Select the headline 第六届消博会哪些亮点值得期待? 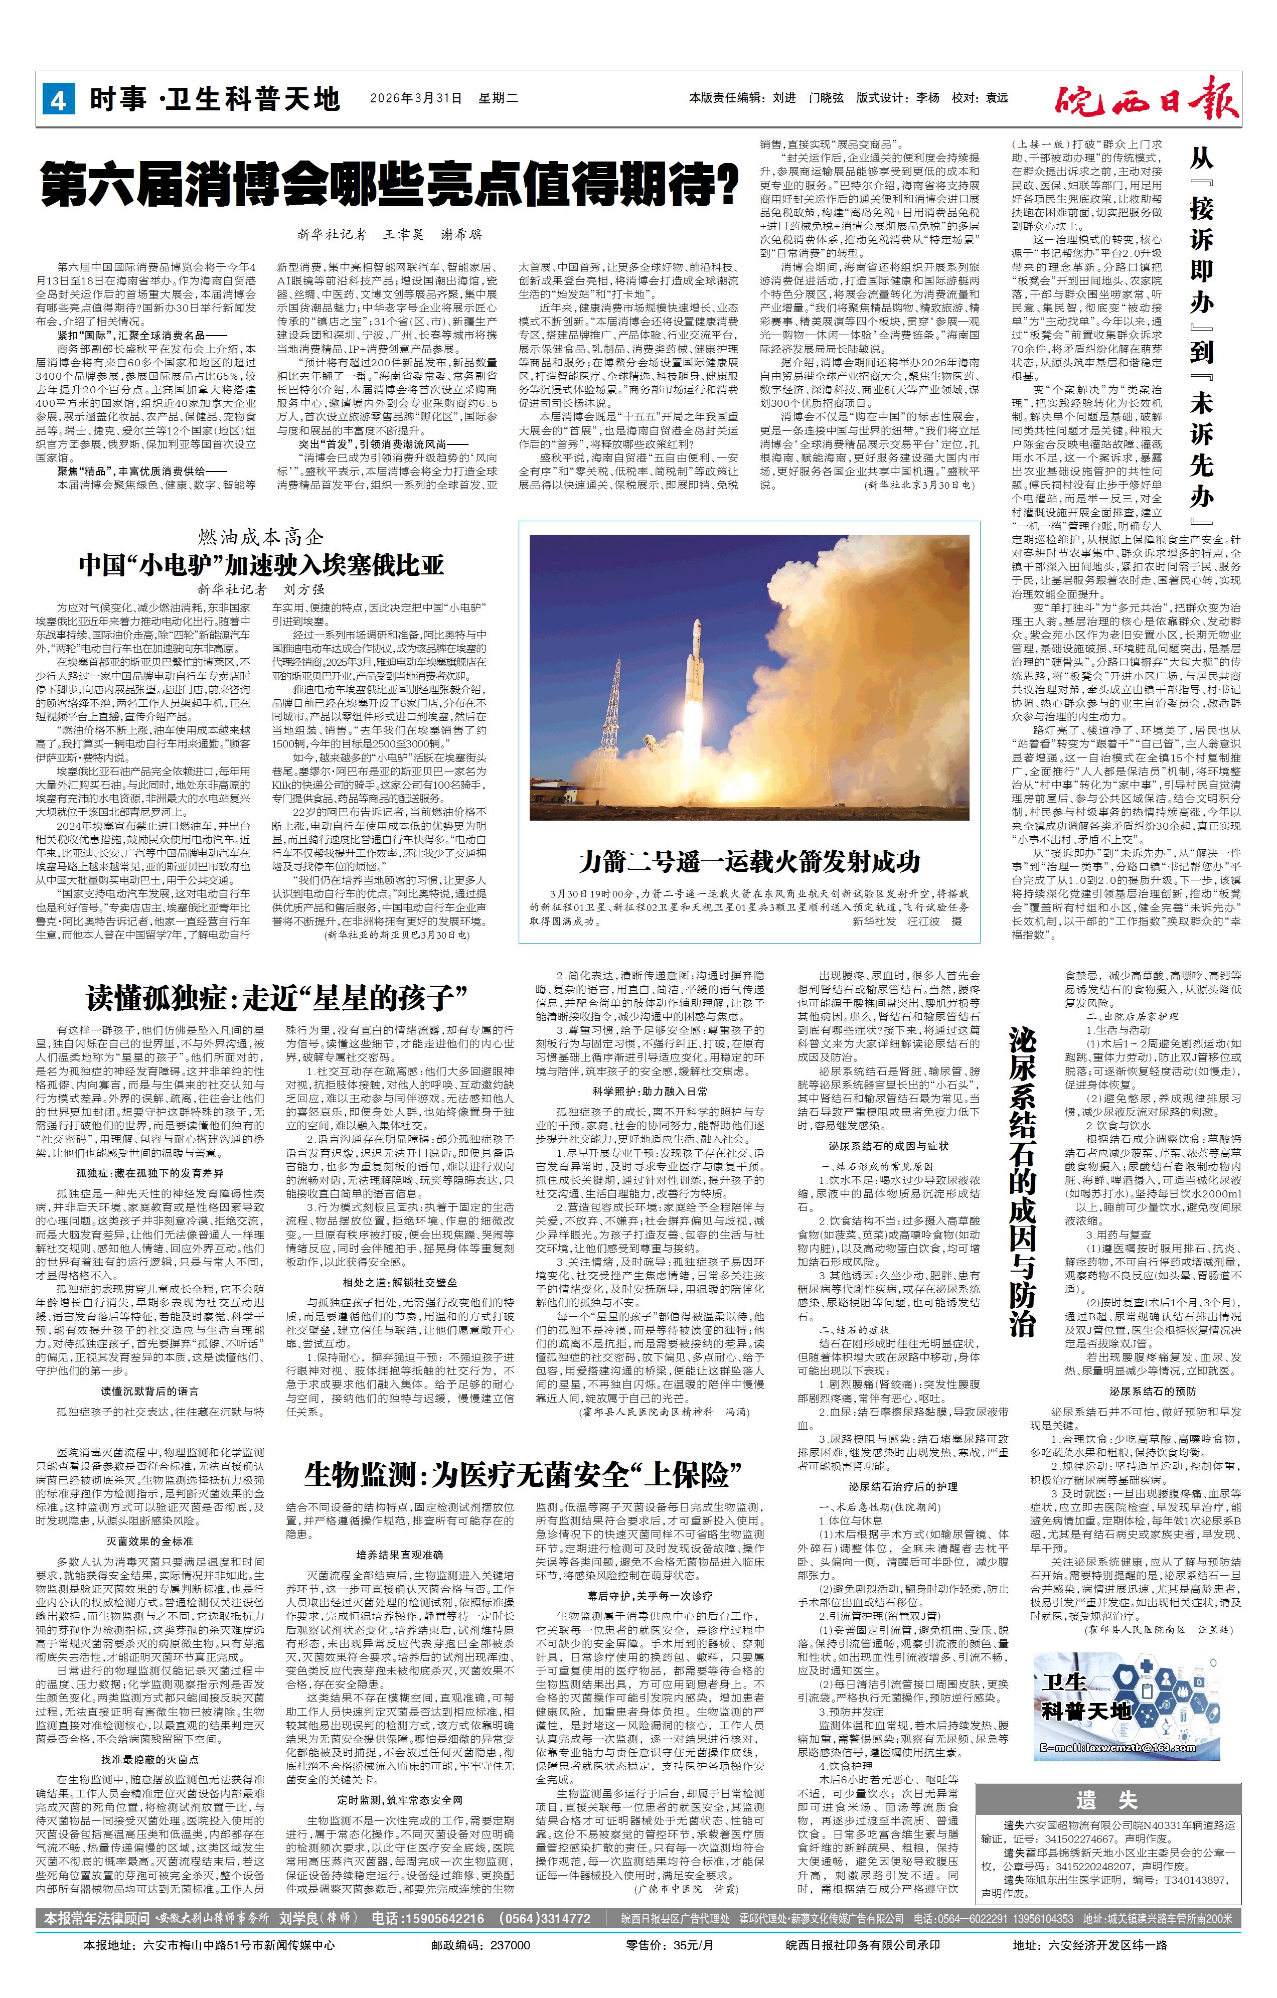click(391, 186)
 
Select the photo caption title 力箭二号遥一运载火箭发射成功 click(749, 863)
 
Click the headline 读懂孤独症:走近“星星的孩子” click(278, 997)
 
